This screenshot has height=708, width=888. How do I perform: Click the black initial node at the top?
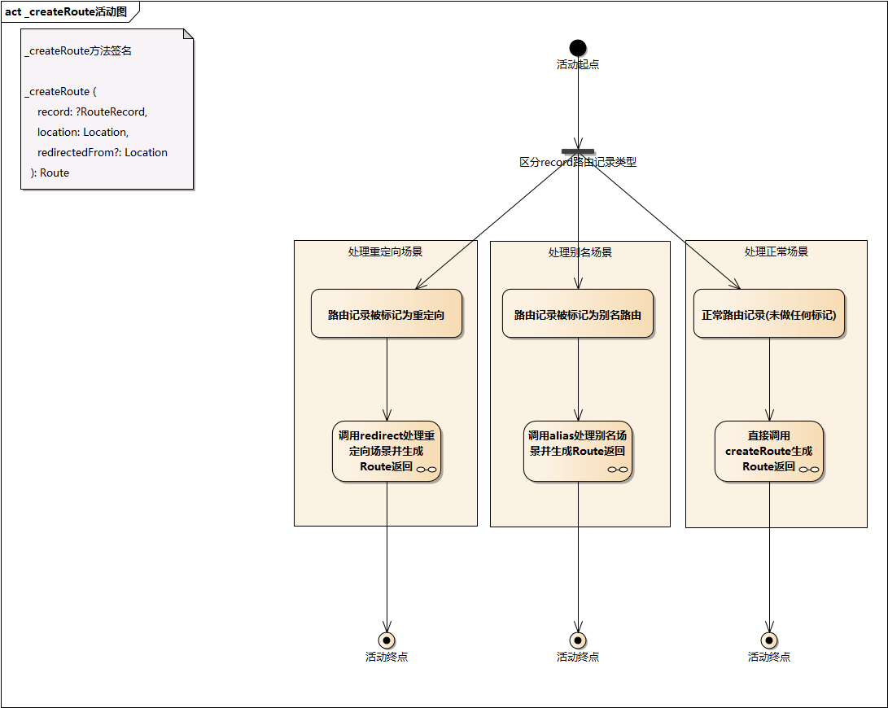pos(578,47)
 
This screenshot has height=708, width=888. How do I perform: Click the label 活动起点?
pos(578,64)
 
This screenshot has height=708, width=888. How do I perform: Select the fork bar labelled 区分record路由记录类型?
pos(578,151)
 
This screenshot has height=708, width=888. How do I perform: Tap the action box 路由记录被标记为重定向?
pos(387,314)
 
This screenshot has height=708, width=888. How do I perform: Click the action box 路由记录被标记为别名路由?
pos(578,314)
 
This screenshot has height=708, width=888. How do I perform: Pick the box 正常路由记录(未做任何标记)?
pos(769,314)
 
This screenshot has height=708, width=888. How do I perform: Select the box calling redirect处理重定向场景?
pos(387,451)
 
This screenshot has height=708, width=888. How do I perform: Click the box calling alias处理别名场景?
pos(578,451)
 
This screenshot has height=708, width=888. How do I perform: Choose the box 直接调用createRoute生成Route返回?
pos(769,451)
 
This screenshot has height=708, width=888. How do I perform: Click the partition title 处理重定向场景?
pos(385,251)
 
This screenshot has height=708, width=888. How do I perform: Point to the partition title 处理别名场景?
pos(580,252)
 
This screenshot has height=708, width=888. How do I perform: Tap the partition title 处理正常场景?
pos(776,251)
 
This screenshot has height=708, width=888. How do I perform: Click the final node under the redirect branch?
pos(387,640)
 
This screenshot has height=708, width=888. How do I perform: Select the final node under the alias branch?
pos(578,640)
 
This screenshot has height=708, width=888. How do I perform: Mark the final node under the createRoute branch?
pos(769,640)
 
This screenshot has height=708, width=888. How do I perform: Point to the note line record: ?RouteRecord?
pos(92,111)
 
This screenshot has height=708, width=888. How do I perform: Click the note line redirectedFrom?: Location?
pos(103,152)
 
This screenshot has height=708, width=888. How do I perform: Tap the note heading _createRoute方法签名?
pos(78,50)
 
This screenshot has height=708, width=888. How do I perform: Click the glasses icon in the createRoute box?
pos(809,469)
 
